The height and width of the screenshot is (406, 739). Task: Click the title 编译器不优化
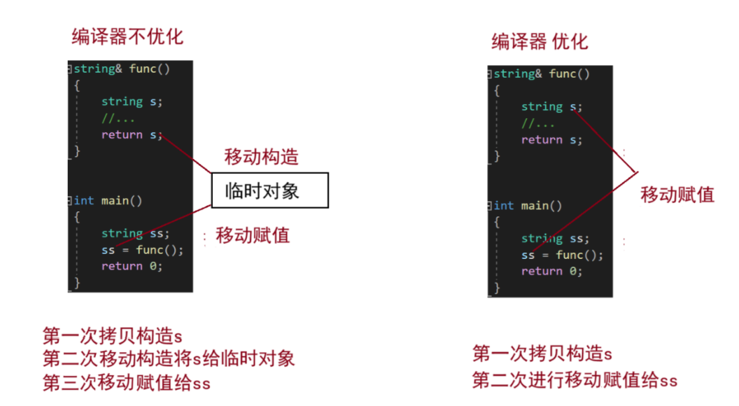[127, 36]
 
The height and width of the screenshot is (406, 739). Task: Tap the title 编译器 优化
[540, 41]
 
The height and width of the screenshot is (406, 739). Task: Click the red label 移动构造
[261, 157]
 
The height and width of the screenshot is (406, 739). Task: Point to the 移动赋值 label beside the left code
[253, 235]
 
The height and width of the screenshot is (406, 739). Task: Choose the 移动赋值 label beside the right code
[677, 195]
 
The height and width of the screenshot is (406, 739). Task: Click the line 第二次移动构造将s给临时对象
[169, 359]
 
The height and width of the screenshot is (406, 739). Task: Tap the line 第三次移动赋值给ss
[126, 383]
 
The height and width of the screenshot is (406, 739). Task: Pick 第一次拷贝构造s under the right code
[542, 353]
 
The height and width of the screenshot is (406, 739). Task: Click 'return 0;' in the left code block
[132, 266]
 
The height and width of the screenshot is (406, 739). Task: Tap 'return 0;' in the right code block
[551, 271]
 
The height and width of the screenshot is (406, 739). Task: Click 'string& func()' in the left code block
[122, 69]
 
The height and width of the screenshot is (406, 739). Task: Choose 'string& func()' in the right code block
[542, 73]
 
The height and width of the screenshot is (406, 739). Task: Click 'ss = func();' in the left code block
[142, 250]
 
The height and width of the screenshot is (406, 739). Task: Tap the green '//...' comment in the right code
[538, 123]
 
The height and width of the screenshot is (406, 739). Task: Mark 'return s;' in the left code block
[132, 134]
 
